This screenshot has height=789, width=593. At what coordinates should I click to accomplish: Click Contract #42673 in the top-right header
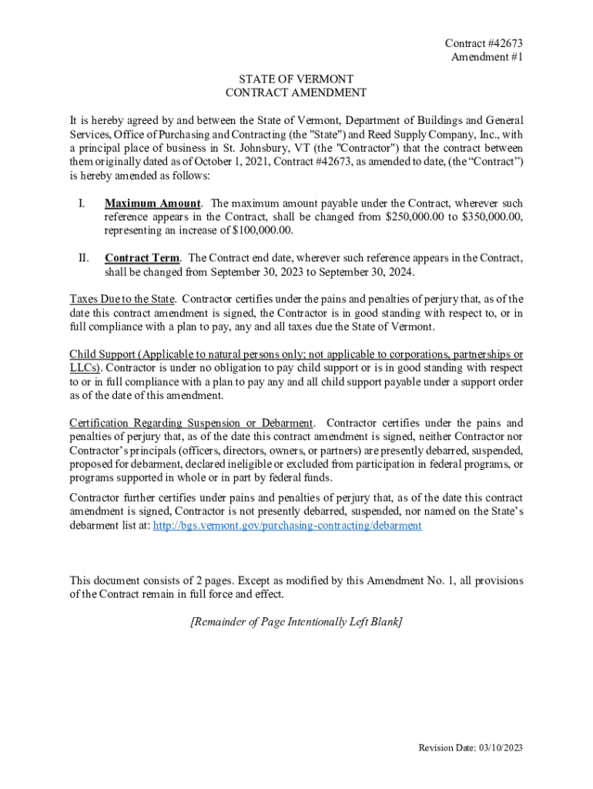[478, 43]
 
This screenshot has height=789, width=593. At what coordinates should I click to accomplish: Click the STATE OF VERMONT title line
[296, 79]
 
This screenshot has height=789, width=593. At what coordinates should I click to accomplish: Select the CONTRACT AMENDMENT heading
[296, 92]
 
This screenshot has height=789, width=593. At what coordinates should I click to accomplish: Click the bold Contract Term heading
[142, 258]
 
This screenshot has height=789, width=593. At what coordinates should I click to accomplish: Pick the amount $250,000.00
[416, 217]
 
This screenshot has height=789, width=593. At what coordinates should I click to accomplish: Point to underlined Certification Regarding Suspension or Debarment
[192, 423]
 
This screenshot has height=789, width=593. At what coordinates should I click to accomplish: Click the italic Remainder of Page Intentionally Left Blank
[296, 622]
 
